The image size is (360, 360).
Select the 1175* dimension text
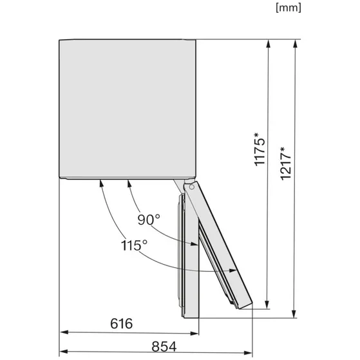click(x=259, y=149)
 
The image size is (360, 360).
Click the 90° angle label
click(x=148, y=220)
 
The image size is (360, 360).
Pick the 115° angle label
click(x=134, y=245)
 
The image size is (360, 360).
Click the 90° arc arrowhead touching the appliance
click(x=128, y=184)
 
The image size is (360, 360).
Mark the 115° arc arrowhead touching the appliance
click(x=102, y=184)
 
